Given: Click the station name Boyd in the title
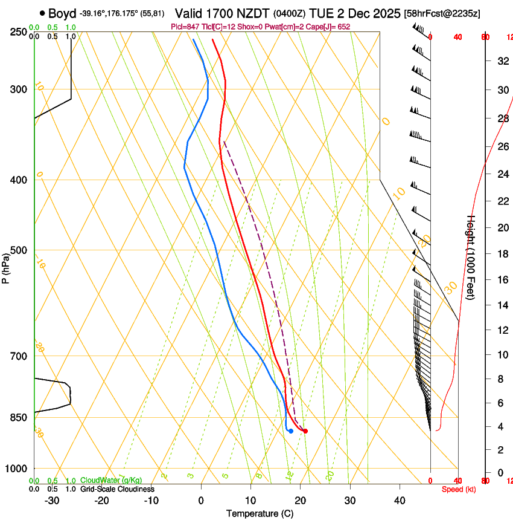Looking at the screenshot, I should pos(63,13).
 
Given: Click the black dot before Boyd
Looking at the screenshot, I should pos(42,13).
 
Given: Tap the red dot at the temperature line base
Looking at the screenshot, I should pos(305,431).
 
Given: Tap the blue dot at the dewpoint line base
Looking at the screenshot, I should pos(291,431).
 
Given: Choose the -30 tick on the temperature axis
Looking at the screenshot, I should pos(52,500).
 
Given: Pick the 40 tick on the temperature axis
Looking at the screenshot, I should pos(399,500).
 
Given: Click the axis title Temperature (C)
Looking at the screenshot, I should pos(260,513).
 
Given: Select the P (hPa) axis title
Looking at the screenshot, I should pos(6,266).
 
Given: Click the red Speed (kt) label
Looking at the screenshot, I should pos(459,489).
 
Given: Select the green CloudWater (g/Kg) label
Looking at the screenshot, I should pos(112,481).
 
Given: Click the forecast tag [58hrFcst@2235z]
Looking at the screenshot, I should pos(442,13).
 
